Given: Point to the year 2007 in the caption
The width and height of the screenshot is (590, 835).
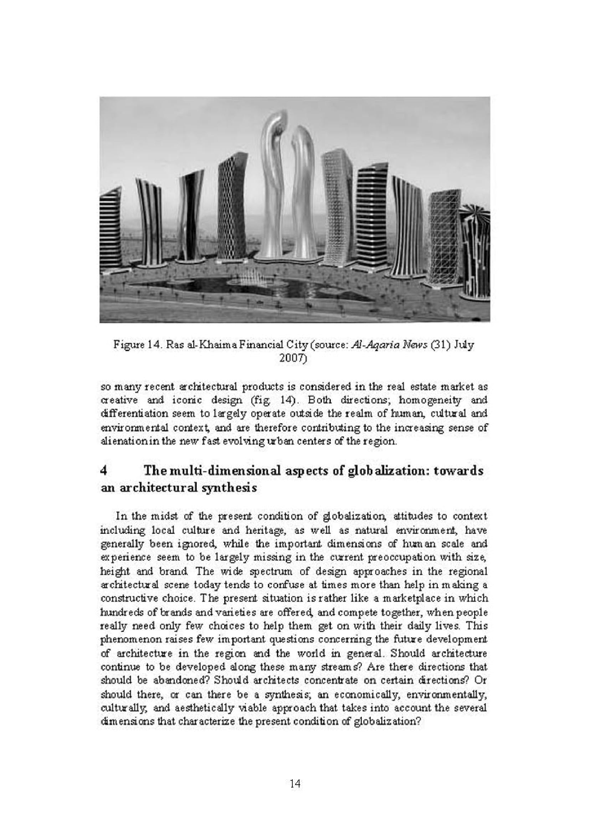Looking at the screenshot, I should [293, 359].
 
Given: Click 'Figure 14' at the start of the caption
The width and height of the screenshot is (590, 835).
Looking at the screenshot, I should [134, 345].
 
